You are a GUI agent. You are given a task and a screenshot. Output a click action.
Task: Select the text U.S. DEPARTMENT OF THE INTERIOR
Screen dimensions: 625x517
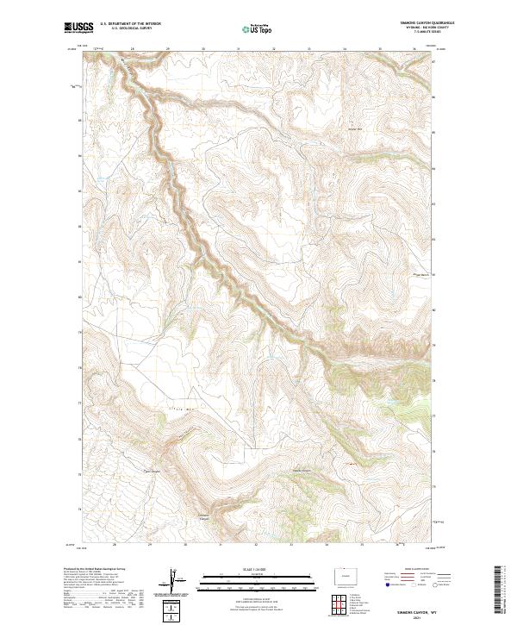[130, 24]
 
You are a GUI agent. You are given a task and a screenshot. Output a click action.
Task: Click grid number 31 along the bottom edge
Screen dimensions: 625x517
[221, 545]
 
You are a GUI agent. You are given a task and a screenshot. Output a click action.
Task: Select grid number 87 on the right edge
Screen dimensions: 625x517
[433, 62]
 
